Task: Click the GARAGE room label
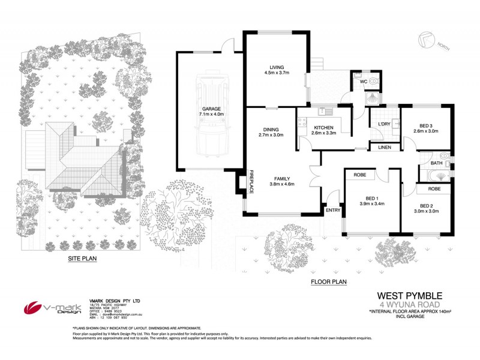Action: click(x=211, y=109)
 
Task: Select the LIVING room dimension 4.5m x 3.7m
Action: click(x=277, y=73)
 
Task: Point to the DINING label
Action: click(x=271, y=128)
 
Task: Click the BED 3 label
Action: click(x=425, y=124)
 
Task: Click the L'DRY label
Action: click(x=385, y=124)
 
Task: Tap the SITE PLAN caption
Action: click(x=82, y=259)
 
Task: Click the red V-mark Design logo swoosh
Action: click(x=34, y=307)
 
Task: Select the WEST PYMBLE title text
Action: click(x=409, y=295)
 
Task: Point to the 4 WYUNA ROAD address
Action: click(x=409, y=304)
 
